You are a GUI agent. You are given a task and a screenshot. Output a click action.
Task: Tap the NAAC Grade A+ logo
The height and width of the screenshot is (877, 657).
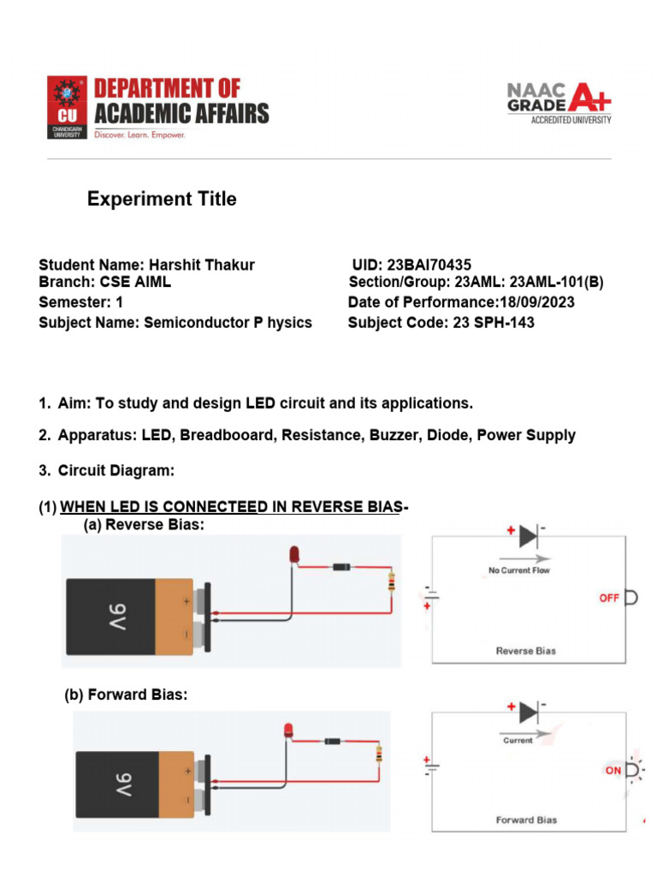559,103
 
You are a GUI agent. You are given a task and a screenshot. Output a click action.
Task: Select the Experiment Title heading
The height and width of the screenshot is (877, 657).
162,200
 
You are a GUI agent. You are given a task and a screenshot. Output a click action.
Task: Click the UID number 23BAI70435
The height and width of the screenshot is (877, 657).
429,265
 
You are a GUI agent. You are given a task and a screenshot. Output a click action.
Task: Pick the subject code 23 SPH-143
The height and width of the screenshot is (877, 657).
492,323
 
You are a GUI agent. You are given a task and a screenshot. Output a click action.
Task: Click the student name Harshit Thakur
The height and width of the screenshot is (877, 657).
202,265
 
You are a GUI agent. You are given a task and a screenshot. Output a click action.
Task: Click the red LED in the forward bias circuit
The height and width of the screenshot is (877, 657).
288,730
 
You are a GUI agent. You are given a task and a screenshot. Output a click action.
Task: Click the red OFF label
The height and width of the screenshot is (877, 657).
609,598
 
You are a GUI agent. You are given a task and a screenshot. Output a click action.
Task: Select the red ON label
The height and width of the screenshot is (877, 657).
613,771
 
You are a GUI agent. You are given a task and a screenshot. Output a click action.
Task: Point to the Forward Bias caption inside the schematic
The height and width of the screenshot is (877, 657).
526,820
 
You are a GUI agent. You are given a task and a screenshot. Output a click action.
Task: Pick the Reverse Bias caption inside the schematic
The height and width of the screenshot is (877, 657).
526,651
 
